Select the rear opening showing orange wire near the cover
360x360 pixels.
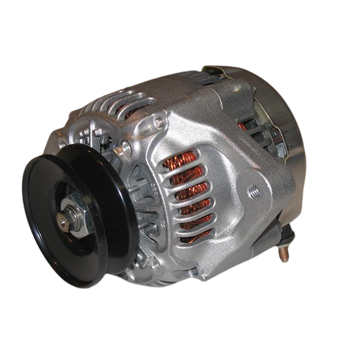pyautogui.click(x=243, y=126)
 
